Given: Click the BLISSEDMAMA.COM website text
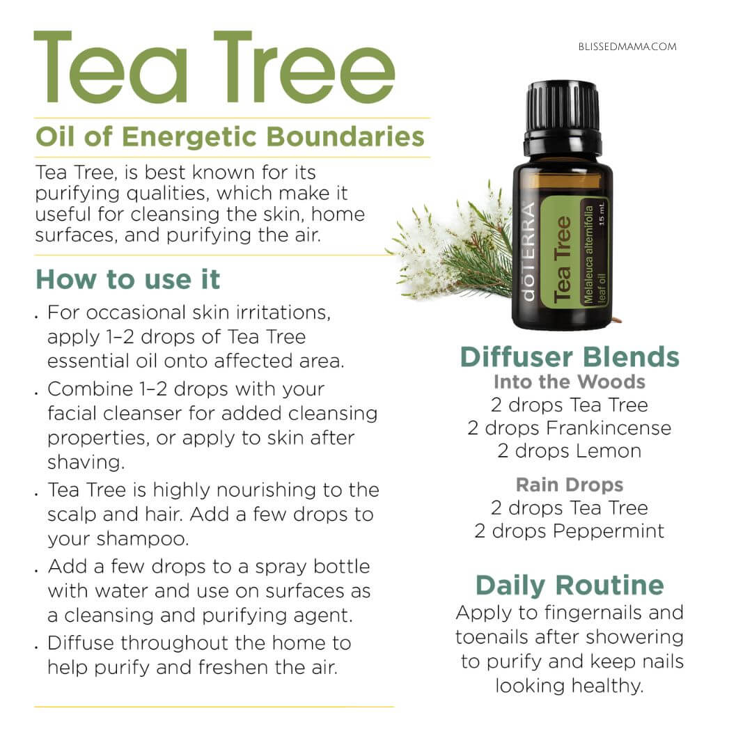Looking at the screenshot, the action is click(627, 47).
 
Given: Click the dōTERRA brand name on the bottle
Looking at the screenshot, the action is click(528, 252).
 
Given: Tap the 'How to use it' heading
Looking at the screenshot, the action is click(128, 279).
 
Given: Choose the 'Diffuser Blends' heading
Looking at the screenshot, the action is click(570, 357).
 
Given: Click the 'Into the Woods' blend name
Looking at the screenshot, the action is click(570, 382).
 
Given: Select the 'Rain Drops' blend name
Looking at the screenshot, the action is click(570, 485).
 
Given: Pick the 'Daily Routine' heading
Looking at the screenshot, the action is click(570, 586).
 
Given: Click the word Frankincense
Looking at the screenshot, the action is click(608, 428).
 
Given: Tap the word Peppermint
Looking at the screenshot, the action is click(608, 531).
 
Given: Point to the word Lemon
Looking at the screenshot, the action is click(608, 451).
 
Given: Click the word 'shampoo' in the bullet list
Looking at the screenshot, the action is click(143, 539).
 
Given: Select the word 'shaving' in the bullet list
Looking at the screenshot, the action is click(86, 462).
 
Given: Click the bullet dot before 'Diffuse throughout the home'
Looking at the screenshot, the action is click(36, 648).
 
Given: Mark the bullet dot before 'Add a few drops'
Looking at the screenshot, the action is click(36, 571).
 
